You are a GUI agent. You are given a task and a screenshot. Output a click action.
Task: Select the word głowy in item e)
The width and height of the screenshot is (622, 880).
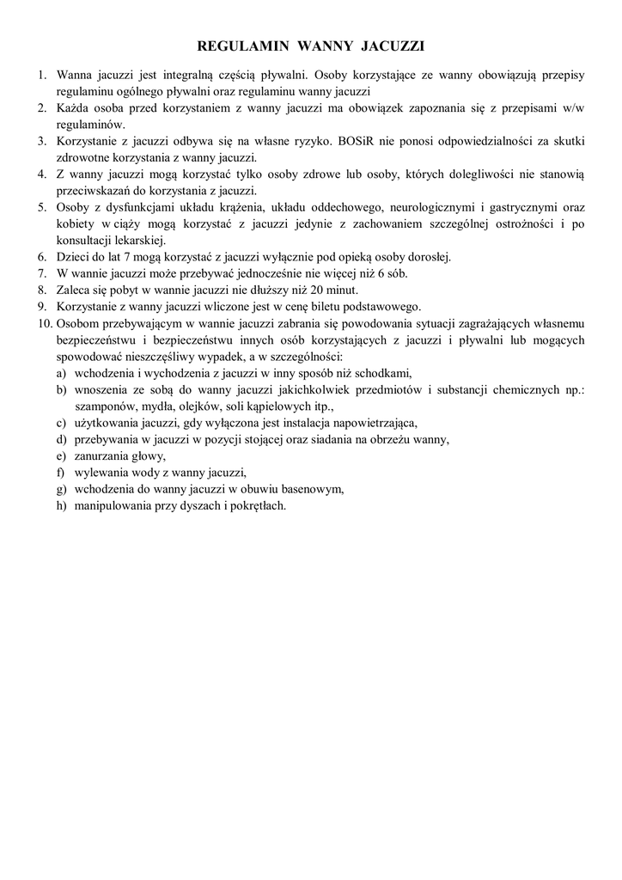(x=149, y=455)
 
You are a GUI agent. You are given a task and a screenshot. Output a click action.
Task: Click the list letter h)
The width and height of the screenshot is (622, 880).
(x=60, y=505)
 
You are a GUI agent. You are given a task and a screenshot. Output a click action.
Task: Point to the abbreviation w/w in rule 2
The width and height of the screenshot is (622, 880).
(x=573, y=107)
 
